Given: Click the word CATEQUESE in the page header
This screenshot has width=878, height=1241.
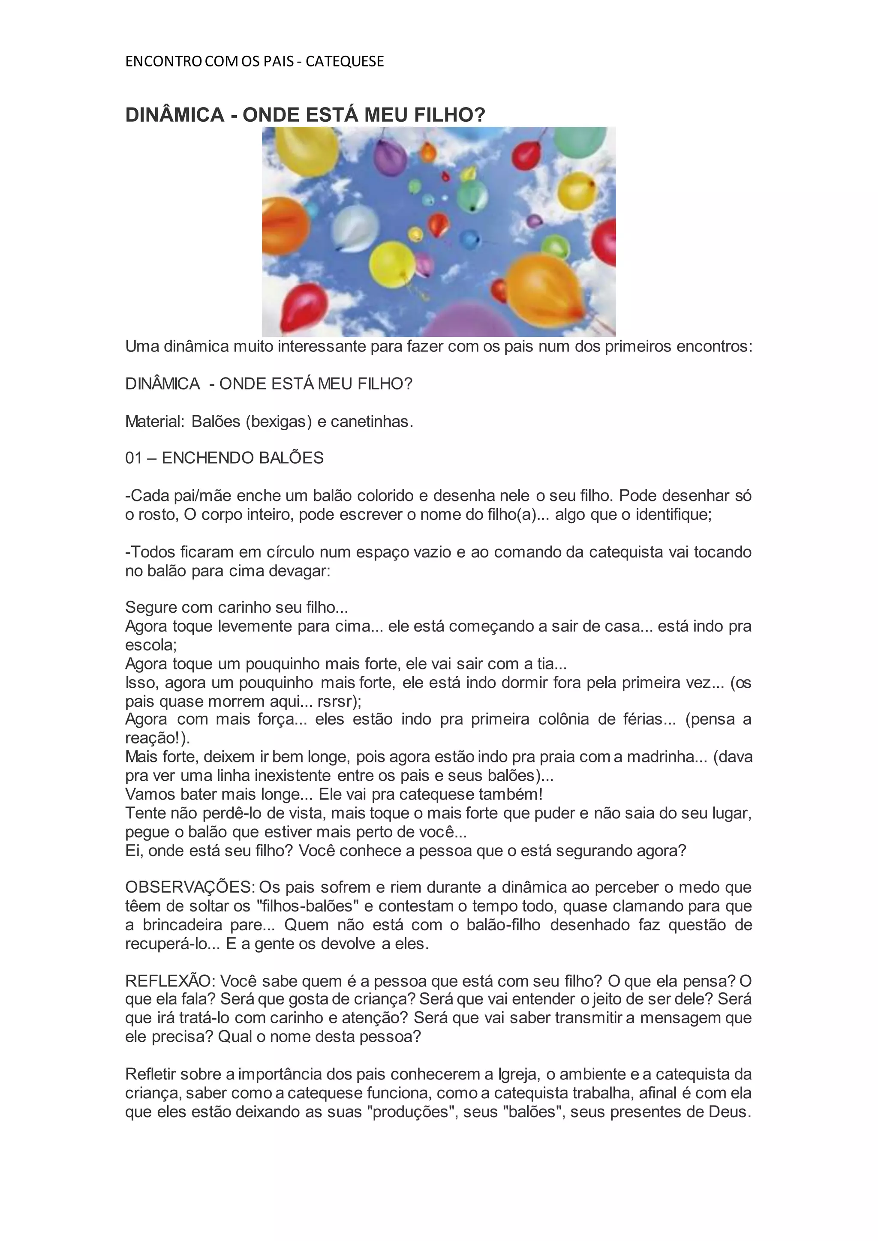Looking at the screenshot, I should point(344,62).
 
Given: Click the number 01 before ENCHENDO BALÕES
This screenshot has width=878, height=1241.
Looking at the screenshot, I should point(133,459).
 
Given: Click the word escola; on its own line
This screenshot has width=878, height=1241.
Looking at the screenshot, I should point(151,645).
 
